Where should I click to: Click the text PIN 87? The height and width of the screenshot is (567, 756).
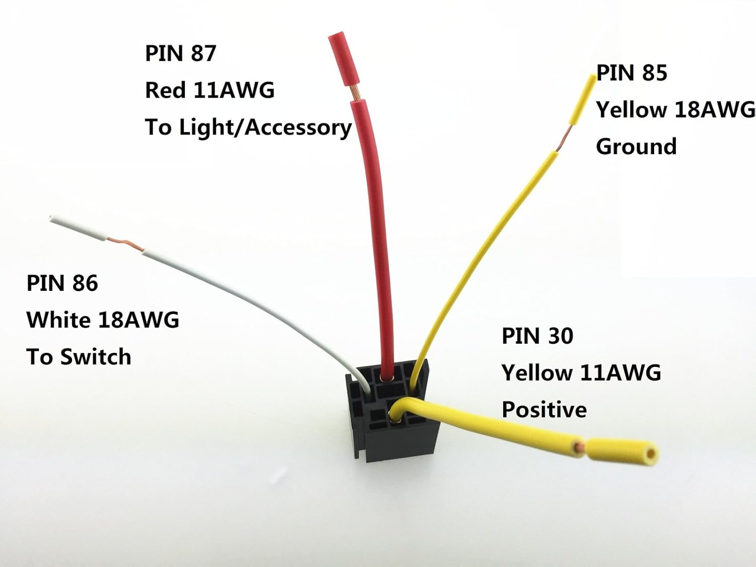coord(180,53)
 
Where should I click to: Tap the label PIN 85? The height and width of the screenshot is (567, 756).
coord(632,73)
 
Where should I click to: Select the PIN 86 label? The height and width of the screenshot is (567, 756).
coord(62,283)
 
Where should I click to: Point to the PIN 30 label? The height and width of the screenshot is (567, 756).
coord(537,336)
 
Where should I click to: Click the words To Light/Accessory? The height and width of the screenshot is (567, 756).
coord(248,128)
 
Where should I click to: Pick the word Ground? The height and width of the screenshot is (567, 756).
coord(636,147)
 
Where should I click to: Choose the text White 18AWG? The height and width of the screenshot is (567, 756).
coord(103,320)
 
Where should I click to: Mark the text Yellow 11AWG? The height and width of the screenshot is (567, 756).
coord(581,373)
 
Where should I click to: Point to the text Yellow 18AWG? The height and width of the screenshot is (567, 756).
coord(675,110)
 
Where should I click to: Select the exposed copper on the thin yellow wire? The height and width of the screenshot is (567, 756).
coord(564,138)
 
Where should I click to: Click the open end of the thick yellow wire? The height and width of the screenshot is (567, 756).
coord(651,453)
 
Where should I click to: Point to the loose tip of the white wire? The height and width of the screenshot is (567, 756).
coord(52,218)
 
